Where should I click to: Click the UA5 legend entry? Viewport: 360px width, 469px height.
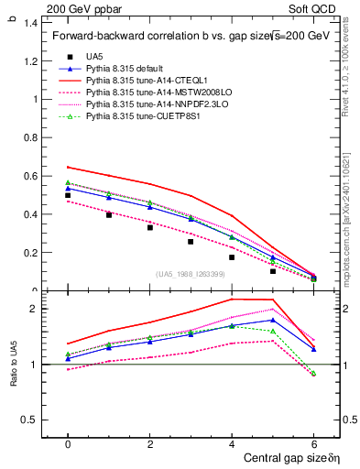coord(93,57)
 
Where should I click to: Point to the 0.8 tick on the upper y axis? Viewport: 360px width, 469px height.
coord(31,137)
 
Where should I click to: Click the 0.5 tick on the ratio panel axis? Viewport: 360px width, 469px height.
coord(31,420)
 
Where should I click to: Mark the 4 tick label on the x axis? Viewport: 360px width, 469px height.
coord(232,442)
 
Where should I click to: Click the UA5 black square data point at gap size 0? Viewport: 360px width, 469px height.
coord(68,195)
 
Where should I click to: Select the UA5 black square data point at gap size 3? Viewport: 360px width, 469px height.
coord(191,242)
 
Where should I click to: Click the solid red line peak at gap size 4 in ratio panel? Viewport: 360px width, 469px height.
coord(232,300)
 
